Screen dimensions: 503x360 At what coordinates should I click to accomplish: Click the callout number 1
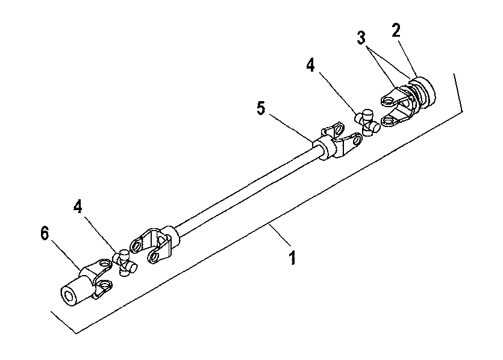pyautogui.click(x=292, y=258)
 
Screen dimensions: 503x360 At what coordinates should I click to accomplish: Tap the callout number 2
pyautogui.click(x=396, y=31)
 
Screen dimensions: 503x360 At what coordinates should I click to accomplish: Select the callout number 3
pyautogui.click(x=361, y=38)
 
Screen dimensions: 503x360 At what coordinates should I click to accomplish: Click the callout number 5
pyautogui.click(x=261, y=108)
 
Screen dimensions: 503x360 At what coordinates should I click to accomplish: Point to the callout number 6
pyautogui.click(x=45, y=233)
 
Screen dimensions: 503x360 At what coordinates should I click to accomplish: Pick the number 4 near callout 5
pyautogui.click(x=310, y=66)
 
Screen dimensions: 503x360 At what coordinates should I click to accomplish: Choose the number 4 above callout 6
pyautogui.click(x=78, y=206)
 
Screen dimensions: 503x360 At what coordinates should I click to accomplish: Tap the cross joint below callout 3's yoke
pyautogui.click(x=367, y=122)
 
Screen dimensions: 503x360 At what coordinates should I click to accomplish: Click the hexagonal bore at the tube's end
pyautogui.click(x=69, y=296)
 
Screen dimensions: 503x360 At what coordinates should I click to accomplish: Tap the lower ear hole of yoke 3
pyautogui.click(x=388, y=121)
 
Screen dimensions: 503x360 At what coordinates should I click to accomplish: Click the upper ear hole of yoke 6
pyautogui.click(x=105, y=264)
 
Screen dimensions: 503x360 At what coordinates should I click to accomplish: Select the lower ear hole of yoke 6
pyautogui.click(x=105, y=284)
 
